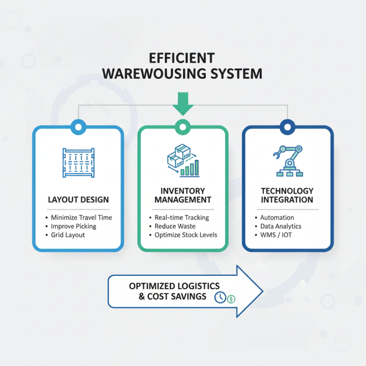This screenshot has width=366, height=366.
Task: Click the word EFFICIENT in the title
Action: pyautogui.click(x=183, y=58)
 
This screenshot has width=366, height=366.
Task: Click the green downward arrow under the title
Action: pyautogui.click(x=183, y=103)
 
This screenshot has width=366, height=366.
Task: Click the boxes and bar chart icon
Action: pyautogui.click(x=183, y=161)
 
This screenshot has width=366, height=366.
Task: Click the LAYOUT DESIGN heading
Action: pyautogui.click(x=78, y=200)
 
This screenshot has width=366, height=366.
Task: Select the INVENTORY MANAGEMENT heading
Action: pyautogui.click(x=183, y=195)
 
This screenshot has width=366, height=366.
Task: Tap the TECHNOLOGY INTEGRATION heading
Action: pyautogui.click(x=287, y=195)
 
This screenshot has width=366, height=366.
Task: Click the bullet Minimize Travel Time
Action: pyautogui.click(x=81, y=217)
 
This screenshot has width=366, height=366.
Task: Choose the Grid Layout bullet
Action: pyautogui.click(x=68, y=235)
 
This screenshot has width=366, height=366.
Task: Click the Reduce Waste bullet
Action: pyautogui.click(x=175, y=226)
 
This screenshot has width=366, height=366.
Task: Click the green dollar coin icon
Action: pyautogui.click(x=231, y=299)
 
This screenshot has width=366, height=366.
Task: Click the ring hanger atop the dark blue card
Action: pyautogui.click(x=287, y=126)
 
